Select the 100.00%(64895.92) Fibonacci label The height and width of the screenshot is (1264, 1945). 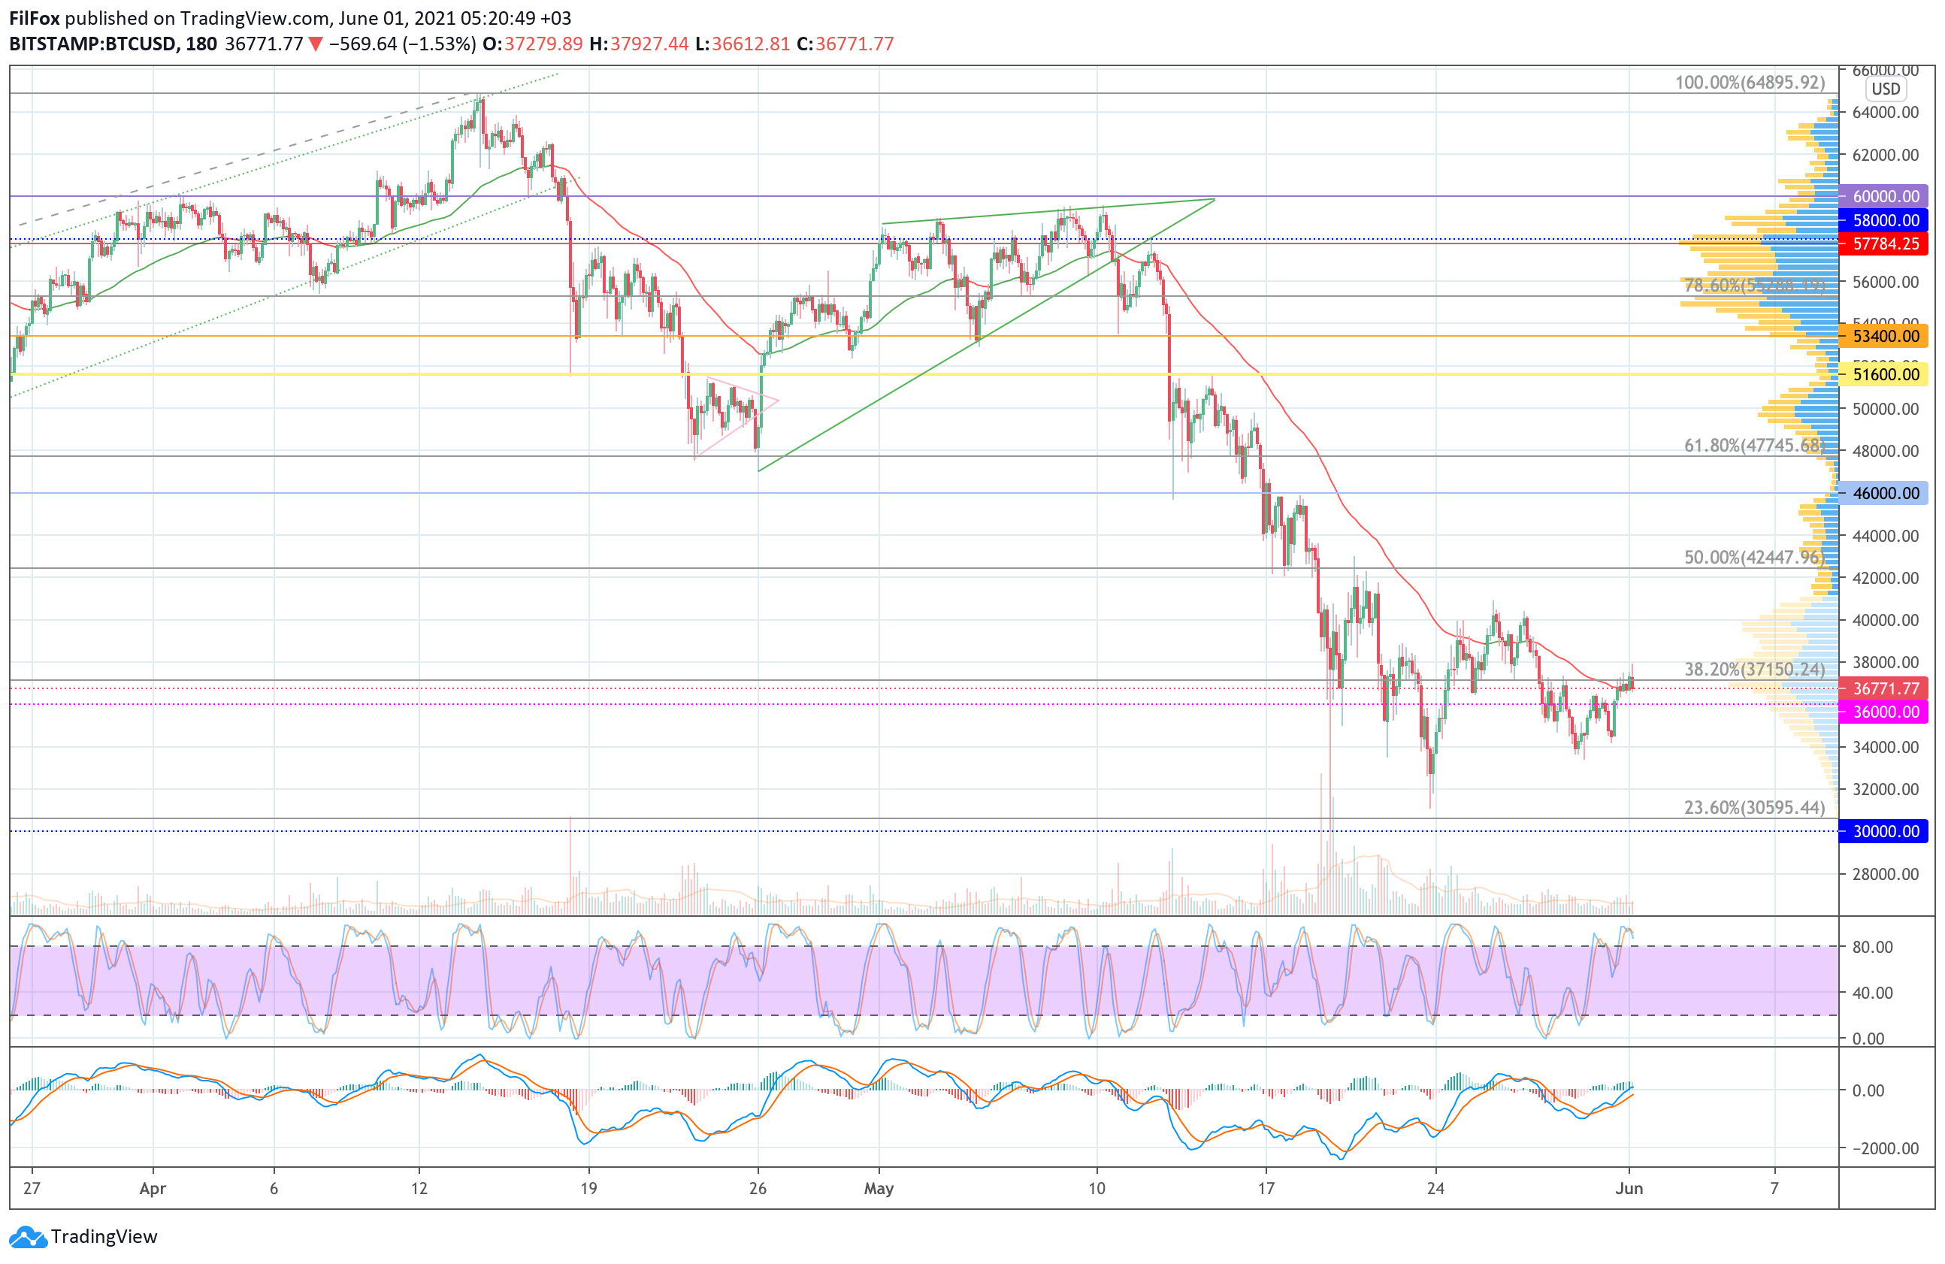click(x=1749, y=83)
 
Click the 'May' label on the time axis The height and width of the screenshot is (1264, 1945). click(x=879, y=1188)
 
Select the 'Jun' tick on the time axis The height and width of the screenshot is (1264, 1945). click(x=1629, y=1188)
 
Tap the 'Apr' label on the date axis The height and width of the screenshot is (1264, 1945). click(x=153, y=1188)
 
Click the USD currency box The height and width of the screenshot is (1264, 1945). click(x=1886, y=89)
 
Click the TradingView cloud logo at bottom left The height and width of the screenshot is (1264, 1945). click(x=29, y=1237)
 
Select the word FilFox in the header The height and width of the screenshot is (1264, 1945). click(x=35, y=18)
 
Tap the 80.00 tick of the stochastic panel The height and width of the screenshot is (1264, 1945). click(x=1872, y=947)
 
